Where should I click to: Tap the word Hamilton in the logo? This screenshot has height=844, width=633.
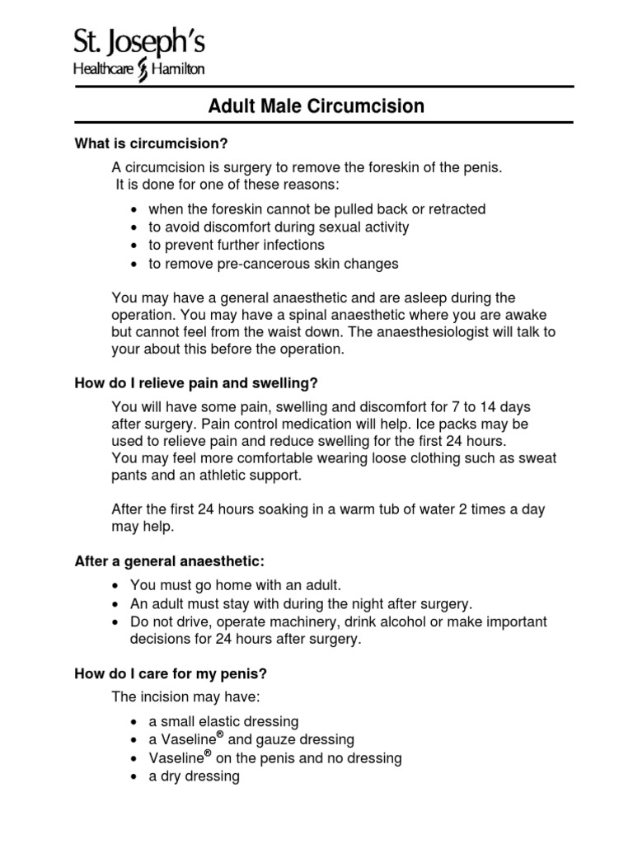[174, 70]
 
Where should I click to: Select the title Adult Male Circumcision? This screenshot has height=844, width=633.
[316, 105]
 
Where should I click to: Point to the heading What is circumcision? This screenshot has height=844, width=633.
[151, 144]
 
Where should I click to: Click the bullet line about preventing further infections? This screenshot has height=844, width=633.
[236, 245]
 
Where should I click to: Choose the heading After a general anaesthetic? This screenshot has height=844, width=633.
[171, 561]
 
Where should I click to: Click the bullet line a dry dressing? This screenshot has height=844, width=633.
[194, 776]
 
